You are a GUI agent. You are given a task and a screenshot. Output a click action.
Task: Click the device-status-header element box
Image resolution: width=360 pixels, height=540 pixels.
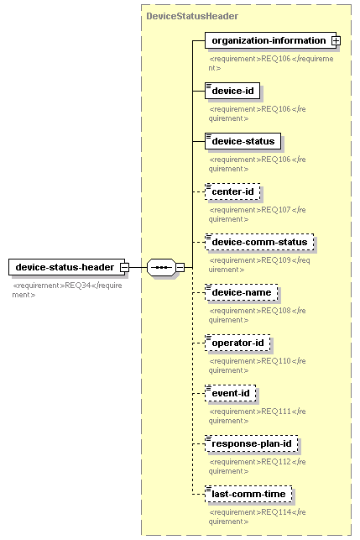point(67,267)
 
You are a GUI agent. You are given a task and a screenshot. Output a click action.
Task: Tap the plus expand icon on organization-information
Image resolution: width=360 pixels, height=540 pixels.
point(336,40)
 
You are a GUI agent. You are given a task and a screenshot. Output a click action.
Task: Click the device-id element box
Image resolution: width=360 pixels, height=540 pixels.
point(232,91)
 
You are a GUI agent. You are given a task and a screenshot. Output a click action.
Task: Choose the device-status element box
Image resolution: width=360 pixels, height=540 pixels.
point(243,141)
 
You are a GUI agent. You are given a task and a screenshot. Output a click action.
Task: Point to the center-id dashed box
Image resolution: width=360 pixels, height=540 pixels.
point(232,191)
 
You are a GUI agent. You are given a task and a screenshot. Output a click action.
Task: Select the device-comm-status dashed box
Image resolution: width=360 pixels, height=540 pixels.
point(259,242)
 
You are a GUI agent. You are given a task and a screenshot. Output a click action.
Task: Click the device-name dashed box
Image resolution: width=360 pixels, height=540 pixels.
point(242,292)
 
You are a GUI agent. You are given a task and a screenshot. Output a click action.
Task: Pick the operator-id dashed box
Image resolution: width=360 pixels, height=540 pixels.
point(237,343)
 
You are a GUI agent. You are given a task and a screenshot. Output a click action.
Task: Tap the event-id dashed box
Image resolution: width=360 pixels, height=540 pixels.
point(230,393)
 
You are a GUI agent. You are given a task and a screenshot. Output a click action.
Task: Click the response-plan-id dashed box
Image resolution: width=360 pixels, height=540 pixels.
point(251,443)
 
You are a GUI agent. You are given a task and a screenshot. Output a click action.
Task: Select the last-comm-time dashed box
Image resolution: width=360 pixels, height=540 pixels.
point(248,494)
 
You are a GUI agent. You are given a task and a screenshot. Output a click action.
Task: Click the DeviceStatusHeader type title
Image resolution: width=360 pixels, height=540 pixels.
point(192,16)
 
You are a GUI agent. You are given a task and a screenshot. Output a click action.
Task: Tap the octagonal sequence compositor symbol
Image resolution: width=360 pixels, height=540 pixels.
point(161,267)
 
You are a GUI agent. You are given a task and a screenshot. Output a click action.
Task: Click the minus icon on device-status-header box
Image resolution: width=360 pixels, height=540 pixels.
point(124,267)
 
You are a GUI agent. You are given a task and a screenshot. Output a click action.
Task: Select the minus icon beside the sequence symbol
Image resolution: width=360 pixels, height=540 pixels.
point(180,267)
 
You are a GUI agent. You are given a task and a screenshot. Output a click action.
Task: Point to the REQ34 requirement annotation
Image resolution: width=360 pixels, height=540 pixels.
point(67,290)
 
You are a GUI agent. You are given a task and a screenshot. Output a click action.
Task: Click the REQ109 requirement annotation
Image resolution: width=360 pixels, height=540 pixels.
point(259,265)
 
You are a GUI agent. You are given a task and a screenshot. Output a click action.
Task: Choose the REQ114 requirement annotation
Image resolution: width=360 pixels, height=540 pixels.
point(257,516)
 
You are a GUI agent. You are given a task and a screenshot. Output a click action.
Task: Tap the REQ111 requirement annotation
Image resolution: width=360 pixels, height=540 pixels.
point(257,416)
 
